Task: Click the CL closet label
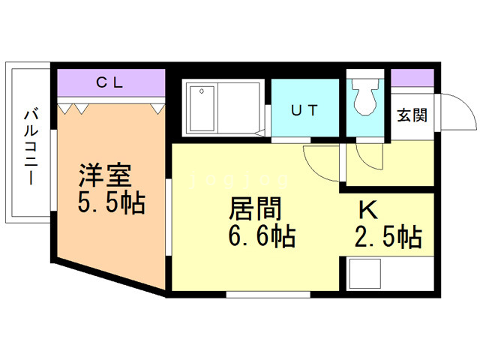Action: click(x=109, y=82)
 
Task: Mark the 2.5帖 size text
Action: click(x=386, y=237)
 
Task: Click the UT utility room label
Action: click(x=304, y=110)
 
